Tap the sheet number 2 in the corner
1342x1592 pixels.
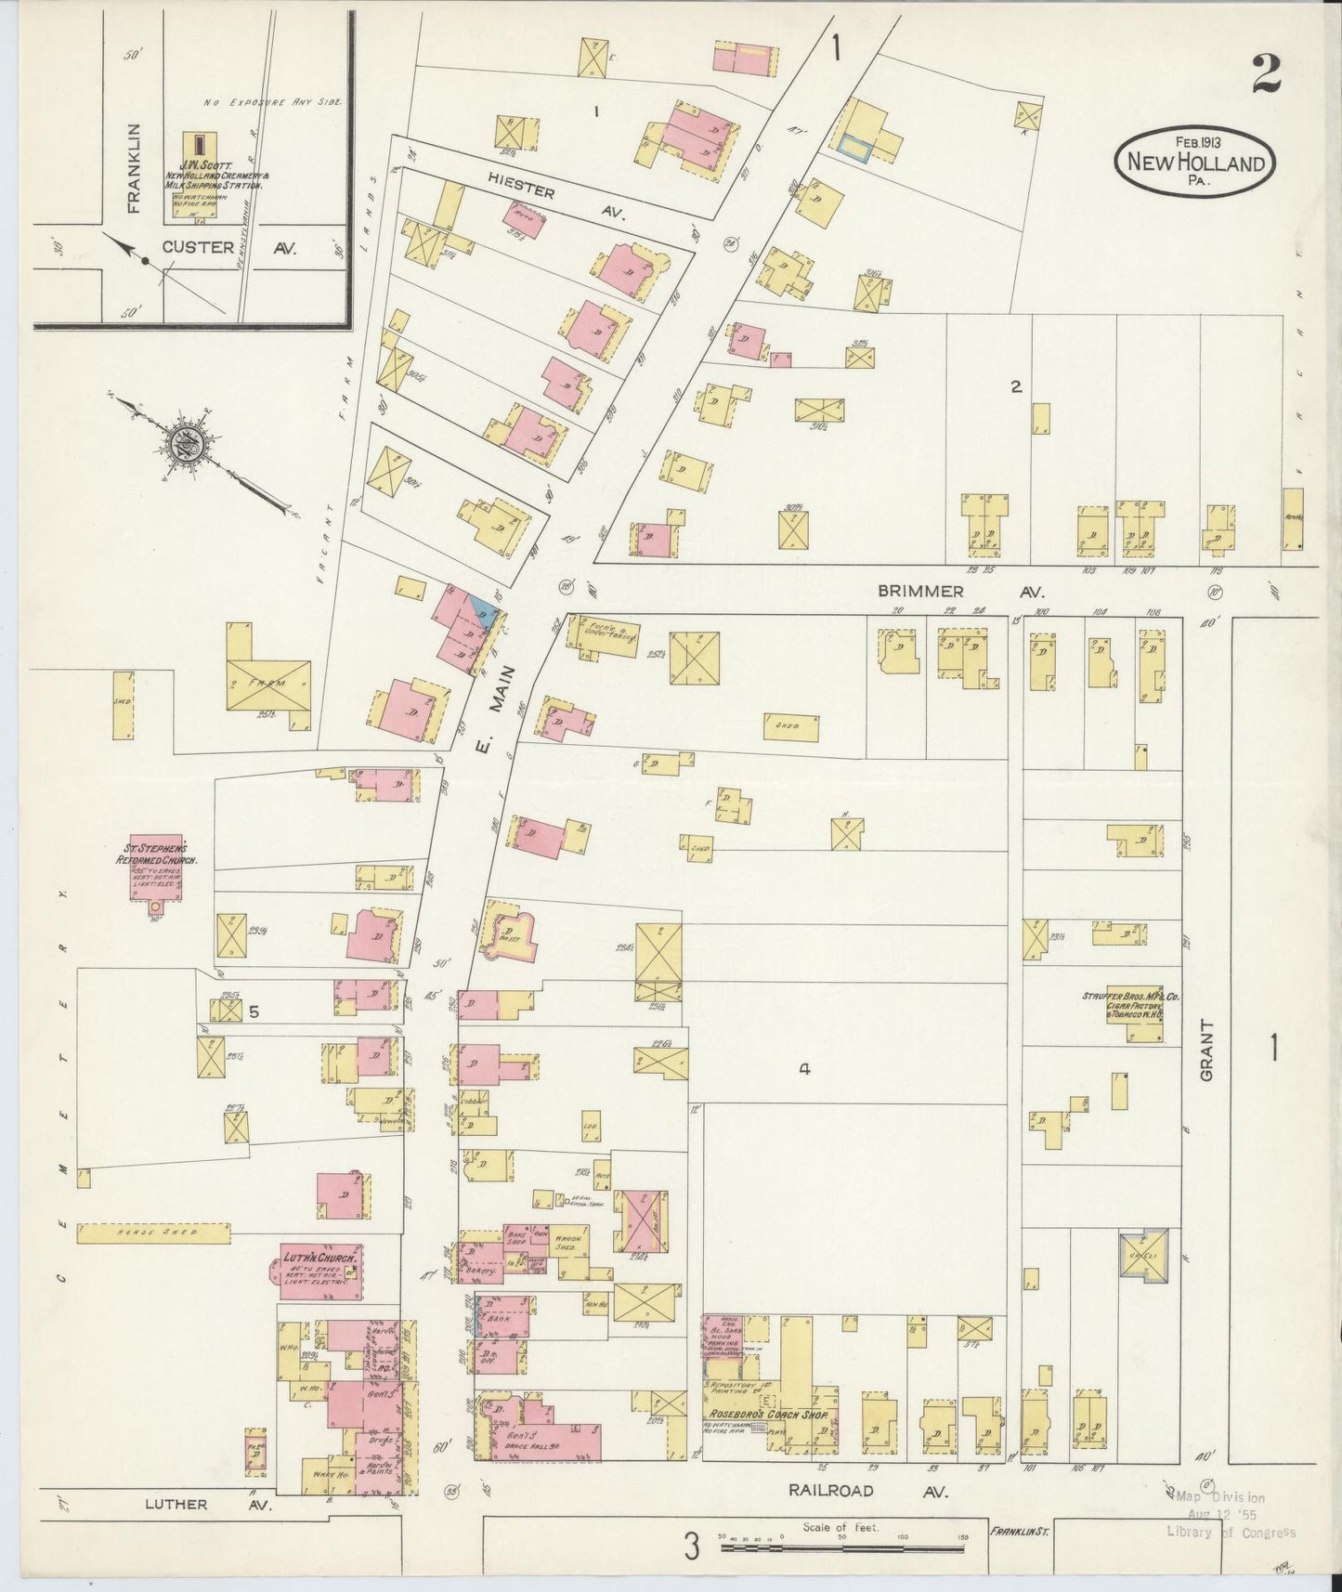click(1266, 73)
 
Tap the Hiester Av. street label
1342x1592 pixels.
click(554, 202)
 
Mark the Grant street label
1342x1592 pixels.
click(1206, 1050)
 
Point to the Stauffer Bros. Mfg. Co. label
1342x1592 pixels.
click(1129, 1005)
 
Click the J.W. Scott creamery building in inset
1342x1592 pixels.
click(197, 145)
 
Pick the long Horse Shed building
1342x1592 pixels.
click(152, 1233)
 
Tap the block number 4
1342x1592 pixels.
click(804, 1070)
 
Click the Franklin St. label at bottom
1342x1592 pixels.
click(1018, 1531)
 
